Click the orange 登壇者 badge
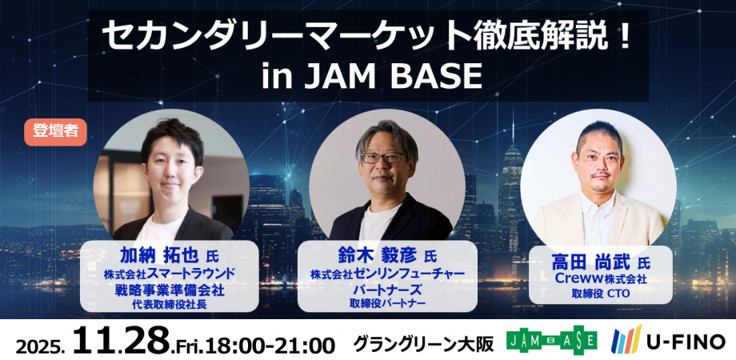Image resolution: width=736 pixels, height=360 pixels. (56, 132)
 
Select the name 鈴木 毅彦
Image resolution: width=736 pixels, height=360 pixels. (376, 257)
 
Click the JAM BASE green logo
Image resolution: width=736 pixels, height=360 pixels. (552, 339)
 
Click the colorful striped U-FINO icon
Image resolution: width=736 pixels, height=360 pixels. (626, 339)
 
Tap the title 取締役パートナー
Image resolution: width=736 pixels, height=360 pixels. (386, 304)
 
